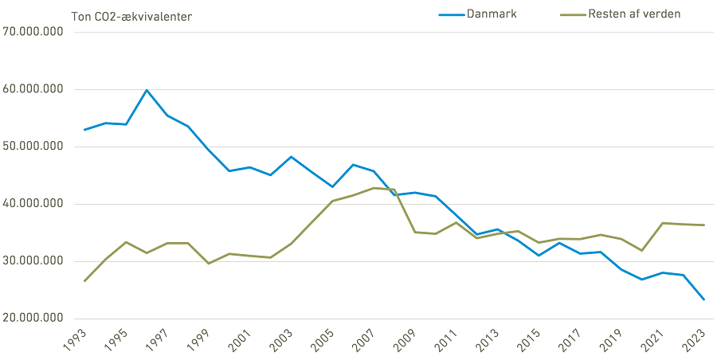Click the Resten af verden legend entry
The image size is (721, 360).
[633, 14]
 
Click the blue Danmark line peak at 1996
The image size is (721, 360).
[147, 90]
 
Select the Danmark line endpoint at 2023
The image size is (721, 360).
[703, 299]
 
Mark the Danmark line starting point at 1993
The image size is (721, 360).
[84, 130]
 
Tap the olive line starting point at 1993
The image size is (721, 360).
[84, 280]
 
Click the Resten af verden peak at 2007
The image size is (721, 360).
[373, 188]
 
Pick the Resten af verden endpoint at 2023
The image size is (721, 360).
[703, 225]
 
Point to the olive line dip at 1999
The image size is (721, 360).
[208, 264]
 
